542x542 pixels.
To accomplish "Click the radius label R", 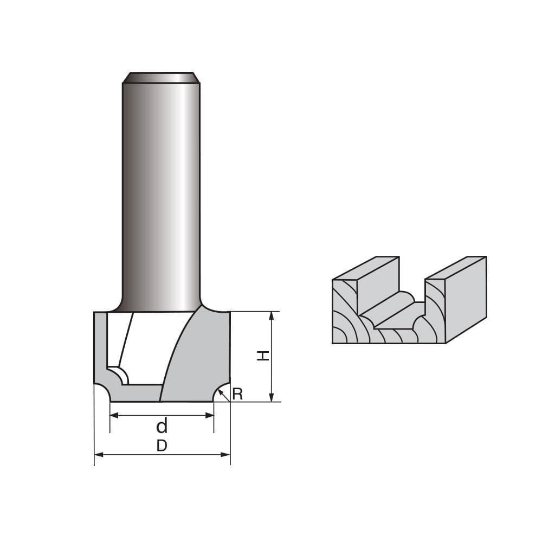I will click(237, 394).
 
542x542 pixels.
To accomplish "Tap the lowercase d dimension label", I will click(162, 427).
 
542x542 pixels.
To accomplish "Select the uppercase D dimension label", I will click(162, 446).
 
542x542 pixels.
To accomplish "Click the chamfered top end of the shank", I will click(161, 78).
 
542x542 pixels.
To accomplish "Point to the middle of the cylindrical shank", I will click(161, 195).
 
